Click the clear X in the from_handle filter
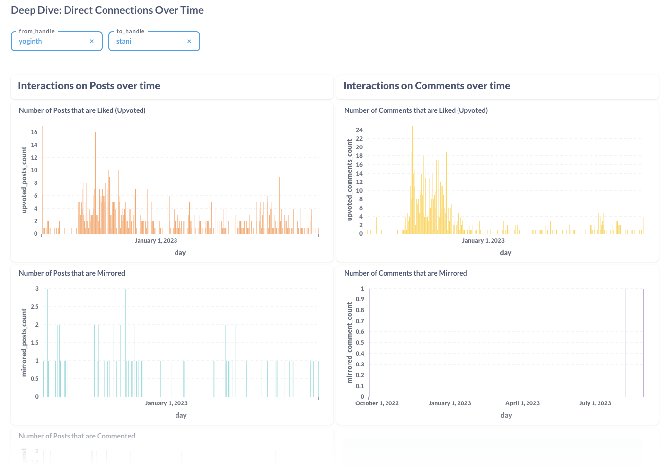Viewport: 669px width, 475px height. coord(92,41)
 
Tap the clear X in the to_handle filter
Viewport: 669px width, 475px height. coord(189,41)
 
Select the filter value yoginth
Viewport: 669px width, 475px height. coord(31,41)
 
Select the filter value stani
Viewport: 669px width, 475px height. coord(124,41)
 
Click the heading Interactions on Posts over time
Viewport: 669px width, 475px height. coord(89,86)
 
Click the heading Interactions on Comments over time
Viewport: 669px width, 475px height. coord(426,86)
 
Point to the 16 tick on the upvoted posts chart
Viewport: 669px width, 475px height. coord(34,132)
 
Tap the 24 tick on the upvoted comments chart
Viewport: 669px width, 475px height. coord(359,130)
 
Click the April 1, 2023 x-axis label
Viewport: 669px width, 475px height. coord(522,403)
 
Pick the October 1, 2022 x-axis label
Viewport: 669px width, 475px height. coord(377,403)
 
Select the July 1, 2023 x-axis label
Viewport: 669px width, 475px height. coord(595,403)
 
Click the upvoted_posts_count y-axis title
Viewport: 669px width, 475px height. coord(24,180)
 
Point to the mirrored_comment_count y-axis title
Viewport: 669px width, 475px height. coord(350,342)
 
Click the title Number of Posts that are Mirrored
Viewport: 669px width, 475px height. coord(72,273)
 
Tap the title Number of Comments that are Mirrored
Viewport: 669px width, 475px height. coord(405,273)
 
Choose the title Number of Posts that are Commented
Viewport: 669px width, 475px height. coord(77,436)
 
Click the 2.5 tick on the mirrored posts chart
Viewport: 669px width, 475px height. coord(35,307)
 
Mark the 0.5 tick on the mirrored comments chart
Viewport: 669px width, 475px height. coord(360,343)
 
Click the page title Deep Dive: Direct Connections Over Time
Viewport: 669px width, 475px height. coord(107,10)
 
